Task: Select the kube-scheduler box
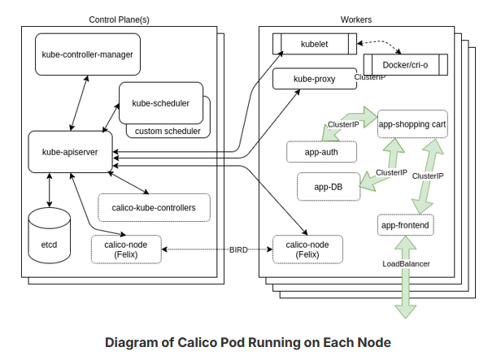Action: coord(160,103)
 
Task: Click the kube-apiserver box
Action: coord(69,151)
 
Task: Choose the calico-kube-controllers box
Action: coord(153,207)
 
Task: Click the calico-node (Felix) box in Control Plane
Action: coord(125,249)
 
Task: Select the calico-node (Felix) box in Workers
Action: coord(307,249)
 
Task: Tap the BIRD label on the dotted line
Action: coord(238,249)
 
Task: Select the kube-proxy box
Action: coord(315,79)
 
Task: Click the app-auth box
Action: coord(321,151)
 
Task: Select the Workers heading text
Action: coord(359,19)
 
